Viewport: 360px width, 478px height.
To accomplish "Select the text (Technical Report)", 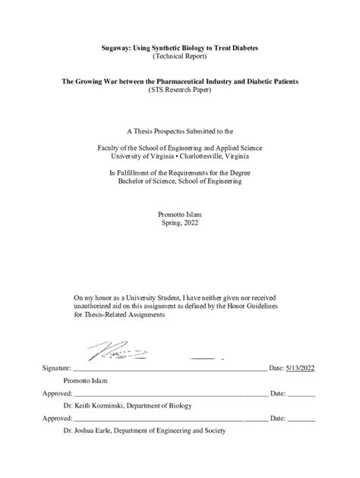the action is [180, 56].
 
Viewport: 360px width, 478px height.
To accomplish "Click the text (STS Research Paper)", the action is [180, 89].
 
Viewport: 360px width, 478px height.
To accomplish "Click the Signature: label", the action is [58, 367].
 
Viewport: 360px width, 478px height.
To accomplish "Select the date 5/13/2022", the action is [301, 367].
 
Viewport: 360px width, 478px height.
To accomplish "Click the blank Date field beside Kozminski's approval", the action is [302, 394].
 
